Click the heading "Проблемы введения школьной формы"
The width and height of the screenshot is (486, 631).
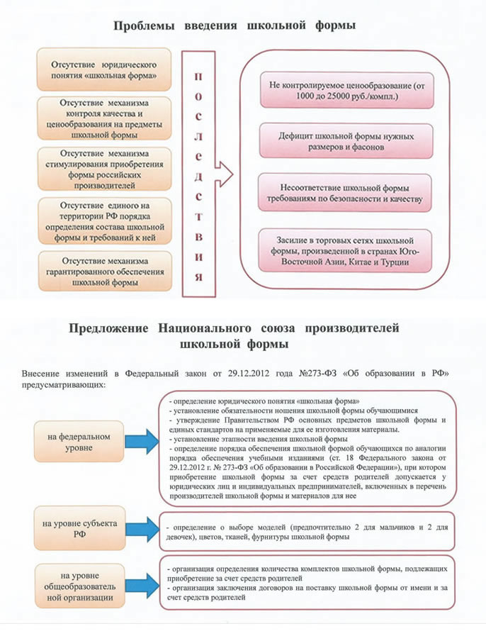pyautogui.click(x=234, y=26)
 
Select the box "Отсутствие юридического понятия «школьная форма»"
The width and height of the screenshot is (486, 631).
pyautogui.click(x=104, y=69)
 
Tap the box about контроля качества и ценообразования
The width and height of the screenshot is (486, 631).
pyautogui.click(x=104, y=118)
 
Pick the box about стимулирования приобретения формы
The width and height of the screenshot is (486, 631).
pyautogui.click(x=105, y=169)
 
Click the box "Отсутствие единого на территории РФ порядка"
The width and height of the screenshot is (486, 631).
pyautogui.click(x=105, y=221)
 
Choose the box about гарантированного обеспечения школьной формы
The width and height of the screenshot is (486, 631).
pyautogui.click(x=106, y=272)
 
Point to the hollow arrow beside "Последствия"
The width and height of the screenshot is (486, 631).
pyautogui.click(x=225, y=174)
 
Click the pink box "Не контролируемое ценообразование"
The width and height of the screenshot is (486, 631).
pyautogui.click(x=347, y=91)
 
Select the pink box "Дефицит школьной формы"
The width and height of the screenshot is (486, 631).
pyautogui.click(x=346, y=141)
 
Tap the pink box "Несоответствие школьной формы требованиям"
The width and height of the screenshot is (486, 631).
pyautogui.click(x=345, y=193)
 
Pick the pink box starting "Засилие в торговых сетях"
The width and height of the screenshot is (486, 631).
pyautogui.click(x=345, y=251)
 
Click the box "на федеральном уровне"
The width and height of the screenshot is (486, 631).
pyautogui.click(x=79, y=442)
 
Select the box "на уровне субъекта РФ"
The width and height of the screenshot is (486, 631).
pyautogui.click(x=79, y=528)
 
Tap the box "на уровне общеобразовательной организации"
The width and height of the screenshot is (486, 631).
pyautogui.click(x=79, y=586)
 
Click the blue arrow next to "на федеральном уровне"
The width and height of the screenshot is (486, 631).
pyautogui.click(x=142, y=442)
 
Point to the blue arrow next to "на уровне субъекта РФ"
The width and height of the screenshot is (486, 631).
pyautogui.click(x=142, y=530)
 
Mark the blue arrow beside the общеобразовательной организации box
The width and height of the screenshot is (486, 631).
pyautogui.click(x=142, y=586)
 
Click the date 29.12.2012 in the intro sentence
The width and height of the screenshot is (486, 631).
pyautogui.click(x=249, y=373)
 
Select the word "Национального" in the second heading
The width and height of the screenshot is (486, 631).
pyautogui.click(x=205, y=328)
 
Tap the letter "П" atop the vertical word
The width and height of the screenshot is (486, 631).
pyautogui.click(x=198, y=77)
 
